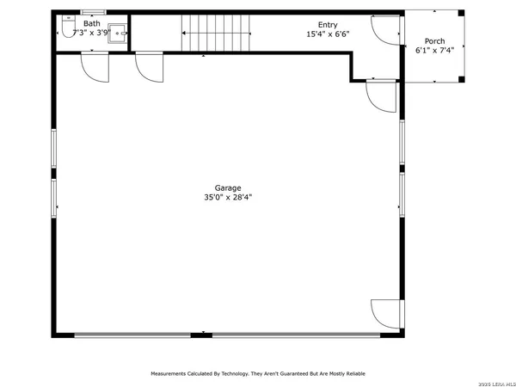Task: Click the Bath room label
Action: [x=92, y=23]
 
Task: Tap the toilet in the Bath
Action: [x=65, y=33]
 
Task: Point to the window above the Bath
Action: [x=92, y=11]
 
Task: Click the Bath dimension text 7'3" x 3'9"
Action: [x=92, y=33]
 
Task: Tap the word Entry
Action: [x=327, y=25]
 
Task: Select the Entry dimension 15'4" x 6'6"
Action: [x=327, y=35]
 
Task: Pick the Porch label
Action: [x=434, y=40]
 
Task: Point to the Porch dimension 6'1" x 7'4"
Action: [x=434, y=51]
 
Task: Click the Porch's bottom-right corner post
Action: [x=463, y=80]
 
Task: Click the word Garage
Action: [x=228, y=187]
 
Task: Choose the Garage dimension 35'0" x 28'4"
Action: [x=228, y=198]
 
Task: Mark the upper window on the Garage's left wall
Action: [x=54, y=150]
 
